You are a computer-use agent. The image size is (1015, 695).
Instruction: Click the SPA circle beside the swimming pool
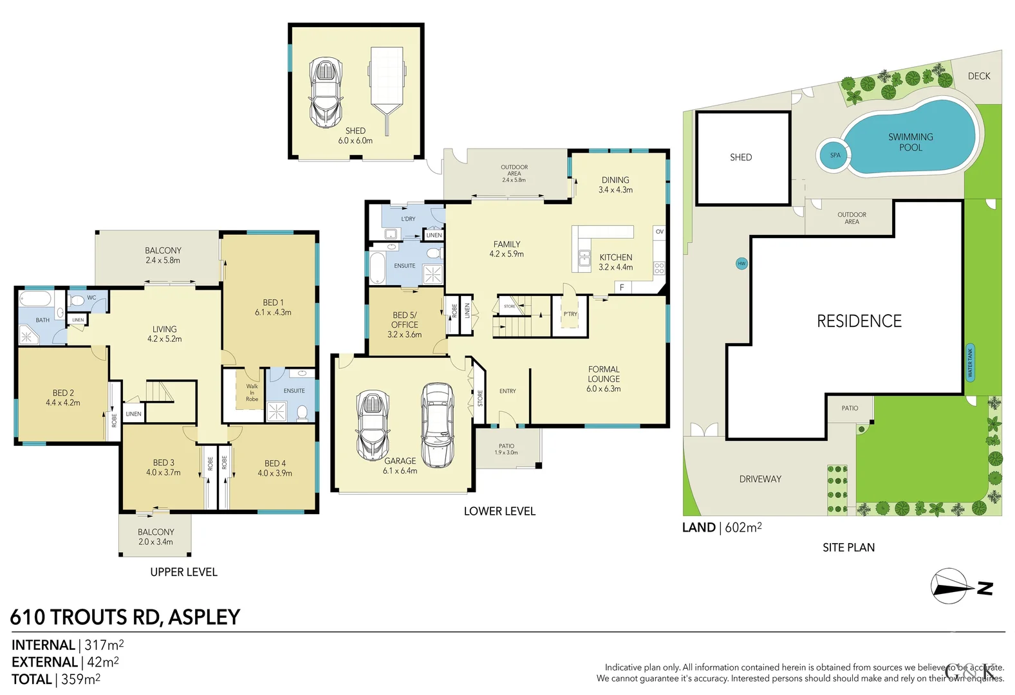pyautogui.click(x=835, y=155)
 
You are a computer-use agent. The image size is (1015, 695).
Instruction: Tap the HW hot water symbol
pyautogui.click(x=741, y=263)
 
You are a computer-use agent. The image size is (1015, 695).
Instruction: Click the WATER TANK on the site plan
pyautogui.click(x=970, y=363)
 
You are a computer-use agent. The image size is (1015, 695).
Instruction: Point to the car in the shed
pyautogui.click(x=326, y=93)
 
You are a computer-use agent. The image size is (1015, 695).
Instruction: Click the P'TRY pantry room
pyautogui.click(x=570, y=315)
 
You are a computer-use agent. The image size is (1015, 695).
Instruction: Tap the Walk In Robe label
pyautogui.click(x=252, y=393)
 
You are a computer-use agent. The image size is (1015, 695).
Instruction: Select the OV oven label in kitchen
pyautogui.click(x=659, y=232)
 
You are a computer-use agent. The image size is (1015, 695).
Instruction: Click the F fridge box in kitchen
pyautogui.click(x=622, y=288)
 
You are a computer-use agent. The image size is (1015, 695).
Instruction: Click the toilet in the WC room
pyautogui.click(x=77, y=300)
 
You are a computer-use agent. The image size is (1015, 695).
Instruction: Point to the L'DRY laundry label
pyautogui.click(x=408, y=219)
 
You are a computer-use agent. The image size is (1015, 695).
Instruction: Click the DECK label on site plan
pyautogui.click(x=979, y=76)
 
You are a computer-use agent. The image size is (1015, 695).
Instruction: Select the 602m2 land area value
pyautogui.click(x=743, y=528)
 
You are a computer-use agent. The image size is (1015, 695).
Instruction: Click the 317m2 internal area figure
pyautogui.click(x=104, y=645)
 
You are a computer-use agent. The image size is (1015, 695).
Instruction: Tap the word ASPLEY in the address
pyautogui.click(x=204, y=617)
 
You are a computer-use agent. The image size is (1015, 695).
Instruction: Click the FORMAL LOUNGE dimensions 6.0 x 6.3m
pyautogui.click(x=603, y=389)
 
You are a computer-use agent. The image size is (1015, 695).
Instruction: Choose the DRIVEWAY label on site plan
pyautogui.click(x=760, y=479)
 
